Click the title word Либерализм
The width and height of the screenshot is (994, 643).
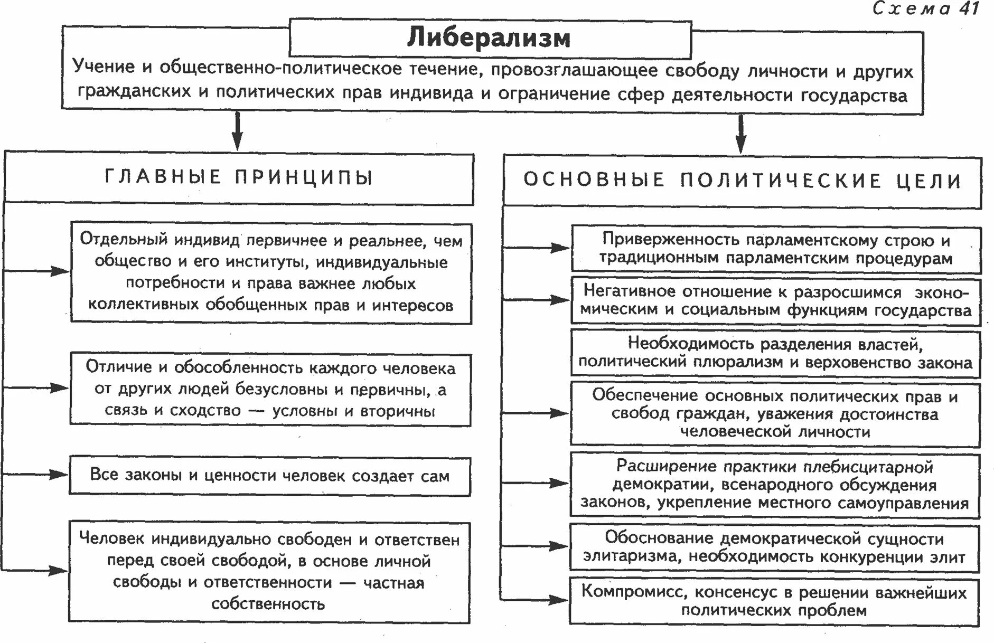click(x=489, y=39)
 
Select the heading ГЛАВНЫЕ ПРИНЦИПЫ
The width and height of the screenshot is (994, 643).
click(x=239, y=177)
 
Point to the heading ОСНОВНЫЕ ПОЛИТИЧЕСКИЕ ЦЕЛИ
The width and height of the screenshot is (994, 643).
click(x=742, y=181)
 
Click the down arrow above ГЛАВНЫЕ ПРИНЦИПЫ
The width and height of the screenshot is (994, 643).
click(x=238, y=132)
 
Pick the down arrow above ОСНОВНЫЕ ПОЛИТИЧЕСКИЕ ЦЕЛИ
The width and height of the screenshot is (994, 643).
click(x=741, y=135)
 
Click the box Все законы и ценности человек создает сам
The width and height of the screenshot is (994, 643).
click(x=269, y=475)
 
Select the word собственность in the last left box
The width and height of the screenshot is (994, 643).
click(x=268, y=603)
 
